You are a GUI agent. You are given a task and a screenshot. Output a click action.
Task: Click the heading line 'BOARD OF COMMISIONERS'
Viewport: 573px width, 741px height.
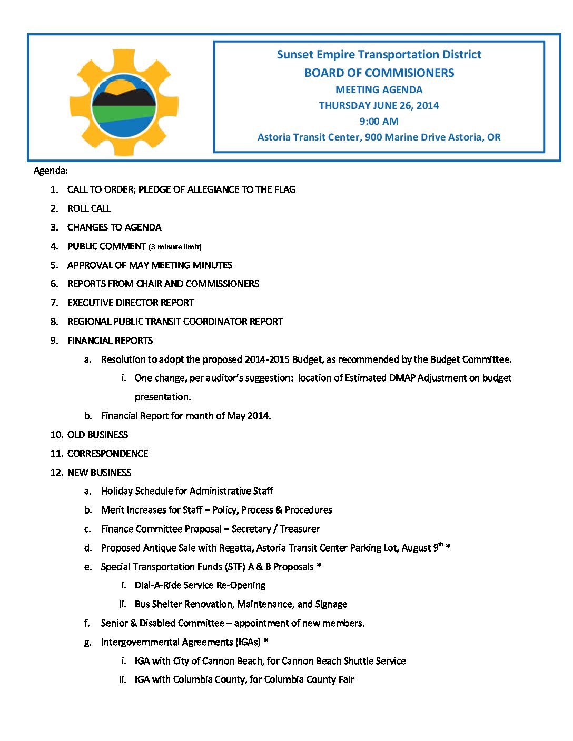379,73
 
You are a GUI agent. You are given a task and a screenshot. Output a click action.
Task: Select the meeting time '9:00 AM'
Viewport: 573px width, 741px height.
379,121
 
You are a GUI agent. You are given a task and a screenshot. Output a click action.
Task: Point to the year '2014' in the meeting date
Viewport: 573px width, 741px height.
428,105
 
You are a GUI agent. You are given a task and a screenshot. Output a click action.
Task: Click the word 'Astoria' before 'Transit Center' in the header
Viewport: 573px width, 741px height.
274,137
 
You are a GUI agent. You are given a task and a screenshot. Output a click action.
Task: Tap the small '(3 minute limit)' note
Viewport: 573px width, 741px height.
175,247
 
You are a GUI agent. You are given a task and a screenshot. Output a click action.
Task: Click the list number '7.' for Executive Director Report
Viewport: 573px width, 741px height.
54,303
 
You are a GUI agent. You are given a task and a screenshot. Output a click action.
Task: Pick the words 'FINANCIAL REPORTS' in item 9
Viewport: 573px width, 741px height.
110,341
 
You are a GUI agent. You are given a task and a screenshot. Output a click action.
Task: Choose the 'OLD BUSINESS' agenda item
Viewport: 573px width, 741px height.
97,435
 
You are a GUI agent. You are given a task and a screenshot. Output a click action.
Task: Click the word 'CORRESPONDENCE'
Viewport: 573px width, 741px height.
107,454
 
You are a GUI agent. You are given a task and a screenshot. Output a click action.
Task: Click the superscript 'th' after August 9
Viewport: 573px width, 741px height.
441,545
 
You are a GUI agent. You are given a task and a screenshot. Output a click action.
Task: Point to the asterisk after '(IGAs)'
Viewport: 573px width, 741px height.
266,641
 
